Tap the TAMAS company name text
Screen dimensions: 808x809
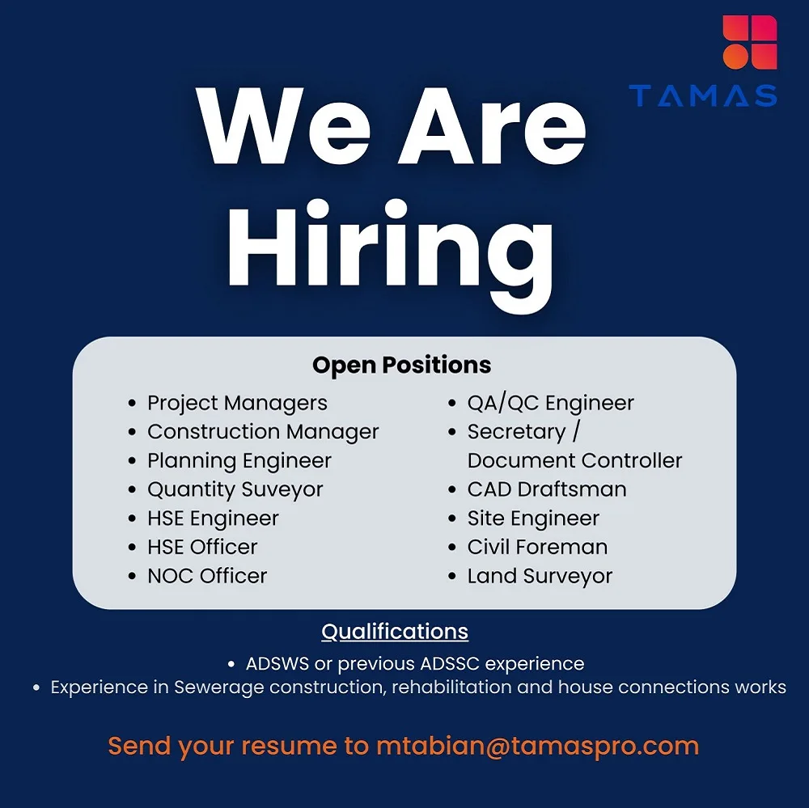(x=703, y=96)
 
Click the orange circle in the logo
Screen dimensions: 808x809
(x=735, y=56)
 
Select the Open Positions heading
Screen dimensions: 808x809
(x=401, y=365)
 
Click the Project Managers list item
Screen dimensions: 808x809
(x=237, y=403)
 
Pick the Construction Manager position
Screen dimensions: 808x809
(x=263, y=432)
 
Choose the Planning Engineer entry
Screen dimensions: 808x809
(x=239, y=461)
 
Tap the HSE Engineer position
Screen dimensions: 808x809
(x=213, y=518)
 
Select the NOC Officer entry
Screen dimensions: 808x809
(x=207, y=576)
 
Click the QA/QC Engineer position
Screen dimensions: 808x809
(x=550, y=403)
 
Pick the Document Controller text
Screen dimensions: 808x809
(x=574, y=461)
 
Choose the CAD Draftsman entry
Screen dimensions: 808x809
(x=547, y=489)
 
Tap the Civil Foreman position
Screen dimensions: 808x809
(x=537, y=548)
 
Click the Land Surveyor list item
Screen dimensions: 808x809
(x=540, y=576)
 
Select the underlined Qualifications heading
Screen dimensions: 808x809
(x=395, y=631)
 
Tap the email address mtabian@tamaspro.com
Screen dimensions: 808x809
(x=537, y=746)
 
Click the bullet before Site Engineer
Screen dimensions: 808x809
(x=453, y=519)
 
